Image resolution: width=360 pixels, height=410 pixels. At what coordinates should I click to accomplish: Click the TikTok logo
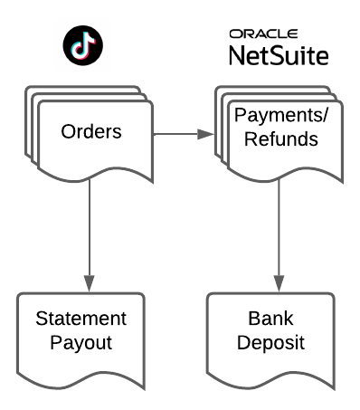tap(83, 45)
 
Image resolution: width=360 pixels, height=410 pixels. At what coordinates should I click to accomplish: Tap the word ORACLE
tap(263, 33)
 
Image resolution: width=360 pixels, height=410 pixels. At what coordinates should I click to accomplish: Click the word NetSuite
tap(279, 56)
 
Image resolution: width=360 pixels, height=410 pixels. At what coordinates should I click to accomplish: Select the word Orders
tap(91, 131)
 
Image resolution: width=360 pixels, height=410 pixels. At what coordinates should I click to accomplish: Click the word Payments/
tap(281, 115)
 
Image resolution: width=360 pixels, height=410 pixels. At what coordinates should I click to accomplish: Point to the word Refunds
tap(281, 138)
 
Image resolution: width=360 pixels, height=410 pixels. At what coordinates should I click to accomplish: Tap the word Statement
tap(81, 319)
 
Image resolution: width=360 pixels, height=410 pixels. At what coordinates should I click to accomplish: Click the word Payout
tap(81, 343)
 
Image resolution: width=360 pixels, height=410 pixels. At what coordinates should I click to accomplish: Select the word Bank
tap(270, 319)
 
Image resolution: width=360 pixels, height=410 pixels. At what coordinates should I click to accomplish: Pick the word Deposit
tap(270, 343)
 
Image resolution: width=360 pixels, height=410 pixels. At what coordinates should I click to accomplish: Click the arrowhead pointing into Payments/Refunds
tap(205, 134)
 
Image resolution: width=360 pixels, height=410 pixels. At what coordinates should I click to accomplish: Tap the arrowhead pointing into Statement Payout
tap(90, 283)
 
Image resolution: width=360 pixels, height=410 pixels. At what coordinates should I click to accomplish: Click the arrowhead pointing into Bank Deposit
tap(279, 283)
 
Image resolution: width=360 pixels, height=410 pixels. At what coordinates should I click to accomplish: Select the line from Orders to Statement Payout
tap(90, 228)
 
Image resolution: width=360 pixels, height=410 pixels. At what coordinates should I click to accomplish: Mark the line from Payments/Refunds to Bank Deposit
tap(279, 228)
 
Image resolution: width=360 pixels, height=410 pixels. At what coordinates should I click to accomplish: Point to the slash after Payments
tap(325, 115)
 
